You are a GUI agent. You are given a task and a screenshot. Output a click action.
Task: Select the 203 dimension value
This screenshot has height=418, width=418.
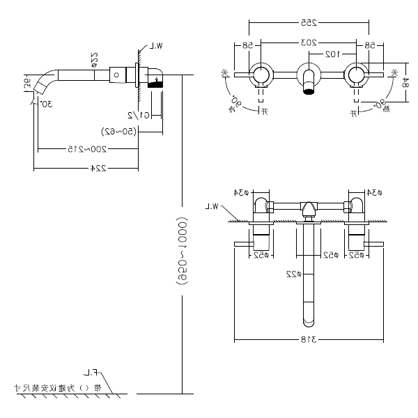[x=308, y=43]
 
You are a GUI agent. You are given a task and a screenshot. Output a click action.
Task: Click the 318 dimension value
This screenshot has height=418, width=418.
[x=309, y=339]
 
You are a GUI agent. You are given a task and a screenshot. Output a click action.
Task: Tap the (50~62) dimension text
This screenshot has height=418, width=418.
[x=107, y=130]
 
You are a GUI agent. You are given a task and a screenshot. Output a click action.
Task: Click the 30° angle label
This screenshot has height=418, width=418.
[x=46, y=104]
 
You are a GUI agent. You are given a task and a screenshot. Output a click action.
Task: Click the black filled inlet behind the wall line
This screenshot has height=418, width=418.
[x=160, y=82]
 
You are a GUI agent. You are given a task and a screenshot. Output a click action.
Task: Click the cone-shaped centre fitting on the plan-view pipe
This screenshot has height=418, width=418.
[x=308, y=208]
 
